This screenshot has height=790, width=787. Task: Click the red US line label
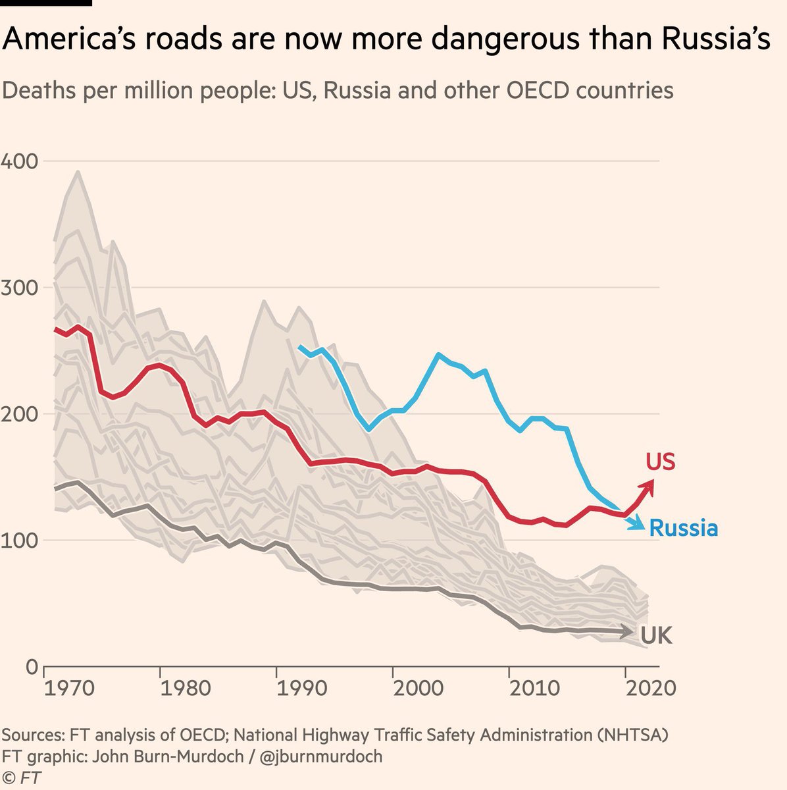coord(660,462)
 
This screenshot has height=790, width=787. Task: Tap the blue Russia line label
coord(683,528)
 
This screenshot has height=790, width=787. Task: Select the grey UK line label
coord(656,635)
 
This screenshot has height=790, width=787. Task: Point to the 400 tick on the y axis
coord(20,161)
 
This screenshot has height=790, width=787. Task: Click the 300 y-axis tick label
coord(20,288)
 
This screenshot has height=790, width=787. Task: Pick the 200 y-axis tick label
coord(20,414)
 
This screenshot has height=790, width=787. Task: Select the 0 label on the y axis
coord(32,667)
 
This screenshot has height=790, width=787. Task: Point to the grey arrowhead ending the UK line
coord(629,632)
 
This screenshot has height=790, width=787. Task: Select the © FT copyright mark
coord(22,777)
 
